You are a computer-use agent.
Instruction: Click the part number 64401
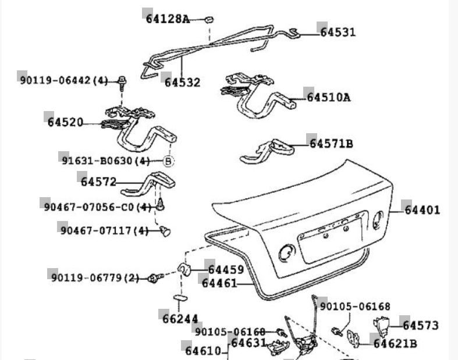[x=423, y=210]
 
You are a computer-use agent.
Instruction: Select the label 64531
[x=338, y=33]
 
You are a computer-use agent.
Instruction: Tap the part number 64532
[x=182, y=83]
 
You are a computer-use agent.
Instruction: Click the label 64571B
[x=331, y=143]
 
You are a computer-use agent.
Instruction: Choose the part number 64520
[x=65, y=122]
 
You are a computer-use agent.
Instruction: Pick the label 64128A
[x=168, y=19]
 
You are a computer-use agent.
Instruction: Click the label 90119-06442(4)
[x=63, y=80]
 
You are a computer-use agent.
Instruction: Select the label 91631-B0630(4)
[x=105, y=161]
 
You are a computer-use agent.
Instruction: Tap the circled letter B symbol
[x=168, y=161]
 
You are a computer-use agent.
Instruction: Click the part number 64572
[x=99, y=181]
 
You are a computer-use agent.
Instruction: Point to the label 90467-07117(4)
[x=104, y=231]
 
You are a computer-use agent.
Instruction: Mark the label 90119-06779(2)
[x=94, y=278]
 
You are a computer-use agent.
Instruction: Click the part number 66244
[x=180, y=319]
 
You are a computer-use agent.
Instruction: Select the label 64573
[x=420, y=326]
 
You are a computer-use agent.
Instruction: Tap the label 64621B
[x=396, y=344]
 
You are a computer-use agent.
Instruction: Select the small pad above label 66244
[x=179, y=298]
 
